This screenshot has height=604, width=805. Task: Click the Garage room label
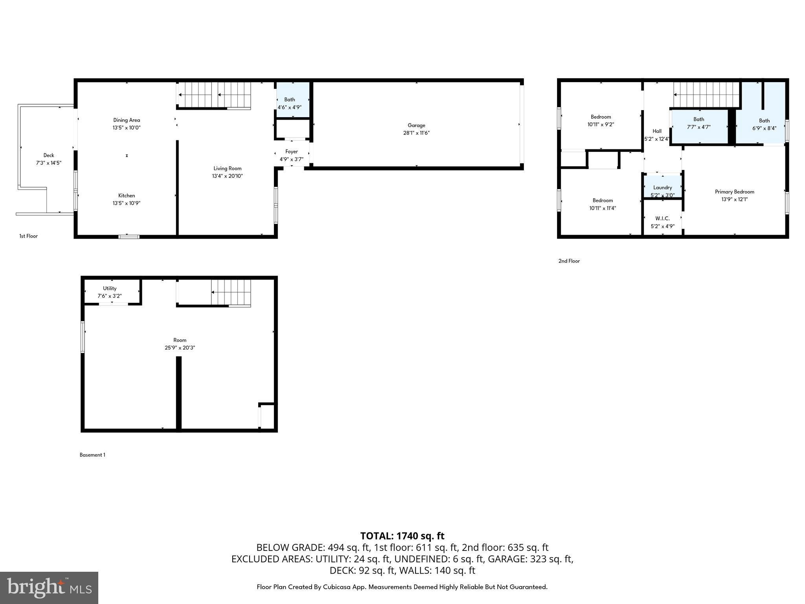(x=416, y=125)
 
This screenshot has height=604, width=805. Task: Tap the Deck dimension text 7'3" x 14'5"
(x=49, y=163)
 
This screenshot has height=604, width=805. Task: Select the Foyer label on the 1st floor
(x=291, y=151)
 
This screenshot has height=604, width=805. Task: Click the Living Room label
(x=227, y=168)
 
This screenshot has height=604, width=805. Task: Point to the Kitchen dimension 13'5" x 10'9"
(x=126, y=203)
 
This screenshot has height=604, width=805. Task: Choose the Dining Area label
(x=126, y=120)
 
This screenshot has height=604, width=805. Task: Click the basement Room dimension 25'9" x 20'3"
(x=180, y=348)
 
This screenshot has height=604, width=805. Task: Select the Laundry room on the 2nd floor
(x=662, y=188)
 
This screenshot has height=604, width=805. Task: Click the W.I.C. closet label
(x=662, y=218)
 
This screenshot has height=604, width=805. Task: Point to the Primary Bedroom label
(x=734, y=192)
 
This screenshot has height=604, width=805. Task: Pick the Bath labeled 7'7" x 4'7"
(x=698, y=123)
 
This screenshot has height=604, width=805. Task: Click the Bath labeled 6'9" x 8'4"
(x=764, y=124)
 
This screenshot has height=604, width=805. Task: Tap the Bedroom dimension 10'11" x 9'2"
(x=600, y=124)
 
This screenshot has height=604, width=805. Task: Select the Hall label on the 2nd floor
(x=657, y=131)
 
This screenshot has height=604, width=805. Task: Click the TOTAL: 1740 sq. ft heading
(x=402, y=536)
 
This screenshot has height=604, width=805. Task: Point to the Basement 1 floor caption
(x=92, y=455)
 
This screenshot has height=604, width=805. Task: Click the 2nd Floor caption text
(x=569, y=261)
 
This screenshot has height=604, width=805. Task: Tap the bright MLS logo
(x=49, y=587)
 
